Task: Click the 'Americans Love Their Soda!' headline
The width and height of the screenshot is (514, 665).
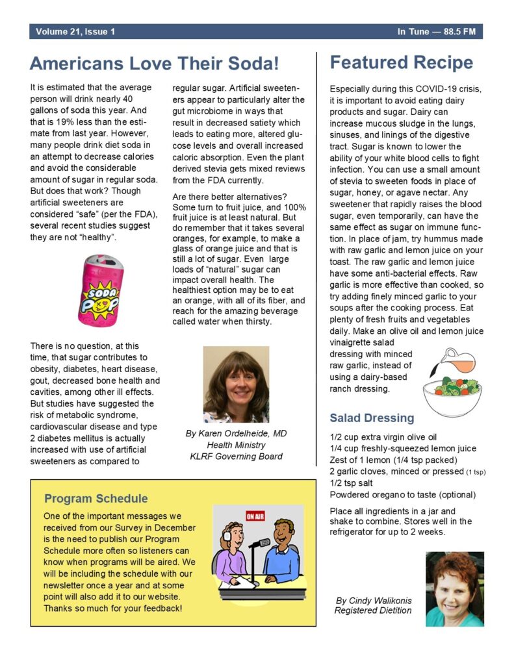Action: click(x=155, y=64)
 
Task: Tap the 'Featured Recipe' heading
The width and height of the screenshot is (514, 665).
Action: click(x=402, y=63)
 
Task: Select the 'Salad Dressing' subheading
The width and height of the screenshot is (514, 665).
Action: click(x=372, y=418)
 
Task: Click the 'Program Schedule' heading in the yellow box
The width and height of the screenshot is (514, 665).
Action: click(x=96, y=499)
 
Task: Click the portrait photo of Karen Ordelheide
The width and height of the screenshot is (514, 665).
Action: click(x=236, y=384)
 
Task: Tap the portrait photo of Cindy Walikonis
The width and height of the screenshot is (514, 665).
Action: click(x=455, y=588)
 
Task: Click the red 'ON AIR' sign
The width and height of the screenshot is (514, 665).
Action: click(x=255, y=516)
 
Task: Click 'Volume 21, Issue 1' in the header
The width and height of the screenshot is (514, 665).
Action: click(x=75, y=31)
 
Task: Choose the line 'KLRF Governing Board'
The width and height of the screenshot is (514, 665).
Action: click(x=235, y=456)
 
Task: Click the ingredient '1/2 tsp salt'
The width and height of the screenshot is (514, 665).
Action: click(x=352, y=483)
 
